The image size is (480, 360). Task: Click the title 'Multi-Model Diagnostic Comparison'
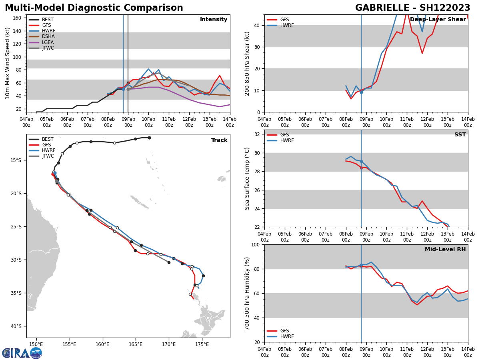pos(94,8)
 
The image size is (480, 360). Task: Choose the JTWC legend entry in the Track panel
pos(48,156)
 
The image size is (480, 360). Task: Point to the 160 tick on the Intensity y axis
pos(17,18)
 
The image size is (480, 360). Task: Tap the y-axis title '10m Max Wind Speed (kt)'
pos(8,63)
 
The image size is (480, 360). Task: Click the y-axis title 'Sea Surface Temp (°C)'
pos(247,178)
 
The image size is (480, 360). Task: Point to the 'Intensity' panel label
pos(214,20)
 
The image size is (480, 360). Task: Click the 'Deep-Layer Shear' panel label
pos(438,20)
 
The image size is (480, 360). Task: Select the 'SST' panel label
pos(460,135)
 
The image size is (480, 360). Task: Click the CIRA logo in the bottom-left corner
pos(22,353)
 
